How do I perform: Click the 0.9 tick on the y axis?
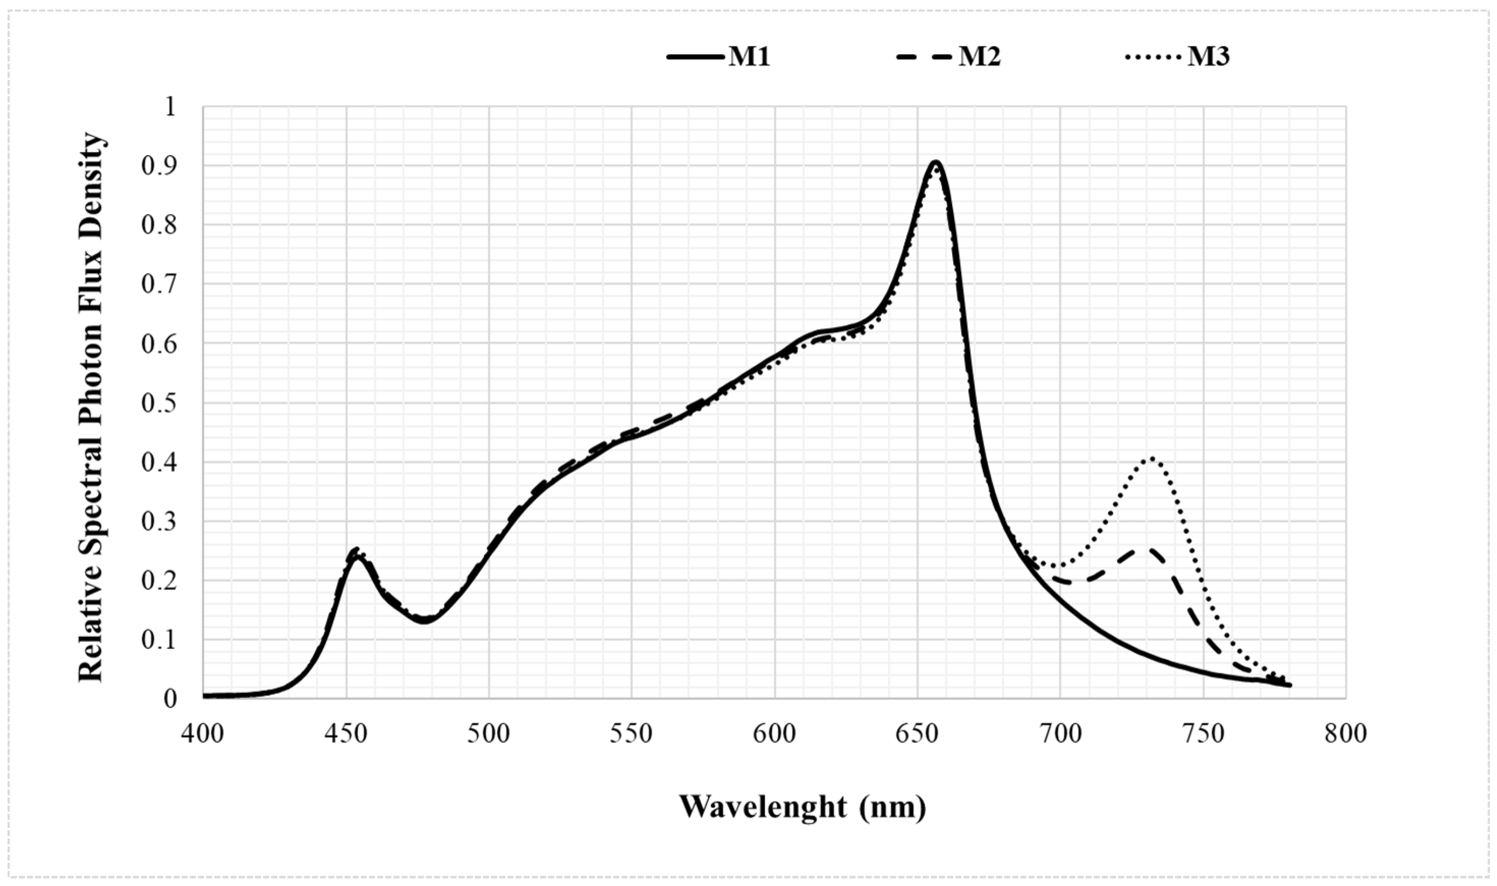pos(159,166)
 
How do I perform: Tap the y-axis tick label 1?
pos(171,107)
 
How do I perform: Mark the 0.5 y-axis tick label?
pos(159,403)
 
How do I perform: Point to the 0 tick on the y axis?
pos(171,699)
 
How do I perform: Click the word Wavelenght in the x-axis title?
pos(763,807)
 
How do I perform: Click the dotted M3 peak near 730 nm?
pos(1152,458)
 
